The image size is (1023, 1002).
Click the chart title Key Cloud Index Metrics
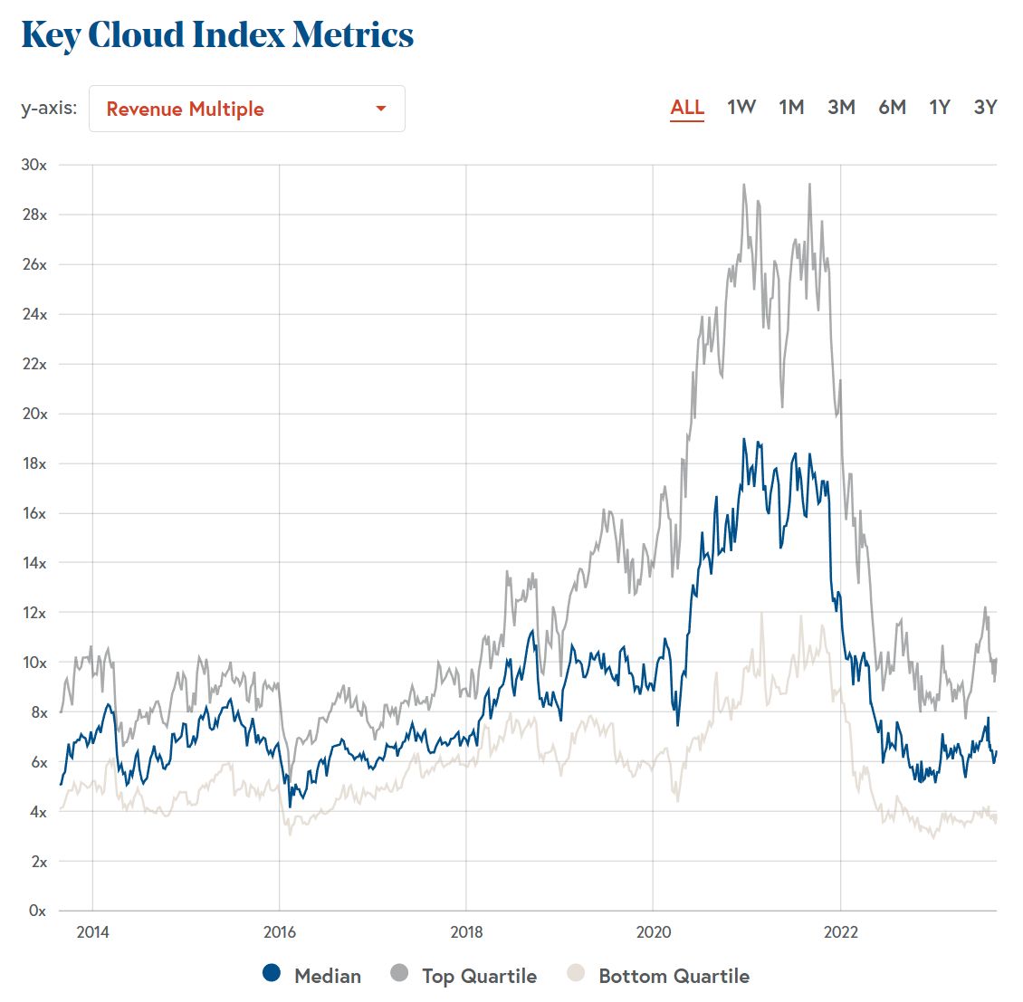tap(217, 35)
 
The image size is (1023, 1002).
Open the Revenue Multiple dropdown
tap(246, 109)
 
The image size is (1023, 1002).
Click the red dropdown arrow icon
tap(381, 109)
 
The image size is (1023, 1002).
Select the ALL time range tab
tap(687, 107)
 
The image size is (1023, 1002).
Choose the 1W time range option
tap(741, 107)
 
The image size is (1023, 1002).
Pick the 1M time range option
tap(791, 107)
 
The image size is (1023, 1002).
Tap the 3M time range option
tap(841, 107)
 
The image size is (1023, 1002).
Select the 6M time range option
tap(892, 107)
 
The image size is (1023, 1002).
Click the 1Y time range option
tap(940, 107)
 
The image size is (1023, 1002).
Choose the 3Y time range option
tap(985, 107)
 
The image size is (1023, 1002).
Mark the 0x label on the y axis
tap(37, 911)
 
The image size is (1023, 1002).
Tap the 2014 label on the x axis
tap(92, 932)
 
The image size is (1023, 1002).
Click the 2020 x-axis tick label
tap(653, 932)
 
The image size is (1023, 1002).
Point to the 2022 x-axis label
tap(840, 932)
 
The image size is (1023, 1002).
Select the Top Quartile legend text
tap(479, 976)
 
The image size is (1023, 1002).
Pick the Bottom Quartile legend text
tap(674, 976)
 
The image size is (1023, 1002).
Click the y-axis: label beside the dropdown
tap(49, 109)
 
